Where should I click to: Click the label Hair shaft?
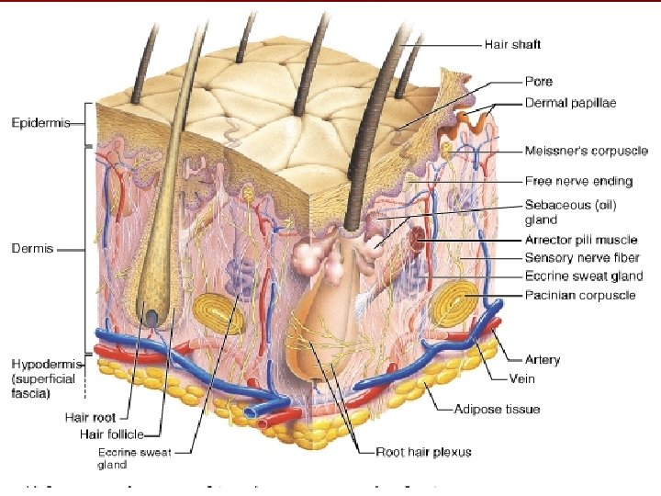512,43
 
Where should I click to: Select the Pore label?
538,81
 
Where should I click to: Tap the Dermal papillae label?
570,103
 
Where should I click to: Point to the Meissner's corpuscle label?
586,151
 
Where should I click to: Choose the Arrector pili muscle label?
580,240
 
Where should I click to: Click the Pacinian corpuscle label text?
579,295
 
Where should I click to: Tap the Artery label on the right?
543,360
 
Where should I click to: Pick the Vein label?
522,378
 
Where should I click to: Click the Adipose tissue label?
497,409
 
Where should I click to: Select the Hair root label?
90,416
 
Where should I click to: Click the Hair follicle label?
103,434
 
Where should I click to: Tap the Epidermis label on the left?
39,123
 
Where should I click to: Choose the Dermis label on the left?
32,248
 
